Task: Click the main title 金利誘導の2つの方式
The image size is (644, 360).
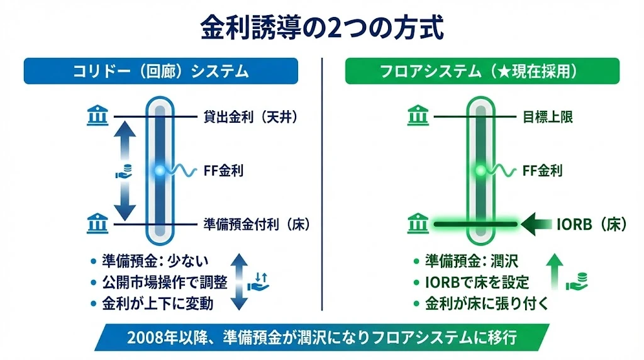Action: tap(322, 28)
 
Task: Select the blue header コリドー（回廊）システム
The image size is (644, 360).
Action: tap(160, 71)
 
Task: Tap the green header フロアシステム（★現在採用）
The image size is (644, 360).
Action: tap(482, 71)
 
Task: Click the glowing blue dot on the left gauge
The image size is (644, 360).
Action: tap(160, 170)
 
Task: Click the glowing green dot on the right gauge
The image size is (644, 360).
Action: tap(480, 170)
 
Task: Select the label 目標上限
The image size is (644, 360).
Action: tap(547, 117)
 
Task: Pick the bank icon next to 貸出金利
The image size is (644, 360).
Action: tap(97, 116)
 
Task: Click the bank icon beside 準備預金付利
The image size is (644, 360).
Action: tap(97, 222)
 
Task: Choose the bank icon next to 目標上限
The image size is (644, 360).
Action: tap(418, 116)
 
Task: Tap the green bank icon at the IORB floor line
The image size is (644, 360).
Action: tap(418, 222)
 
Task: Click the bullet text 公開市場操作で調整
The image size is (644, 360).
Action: tap(157, 282)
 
